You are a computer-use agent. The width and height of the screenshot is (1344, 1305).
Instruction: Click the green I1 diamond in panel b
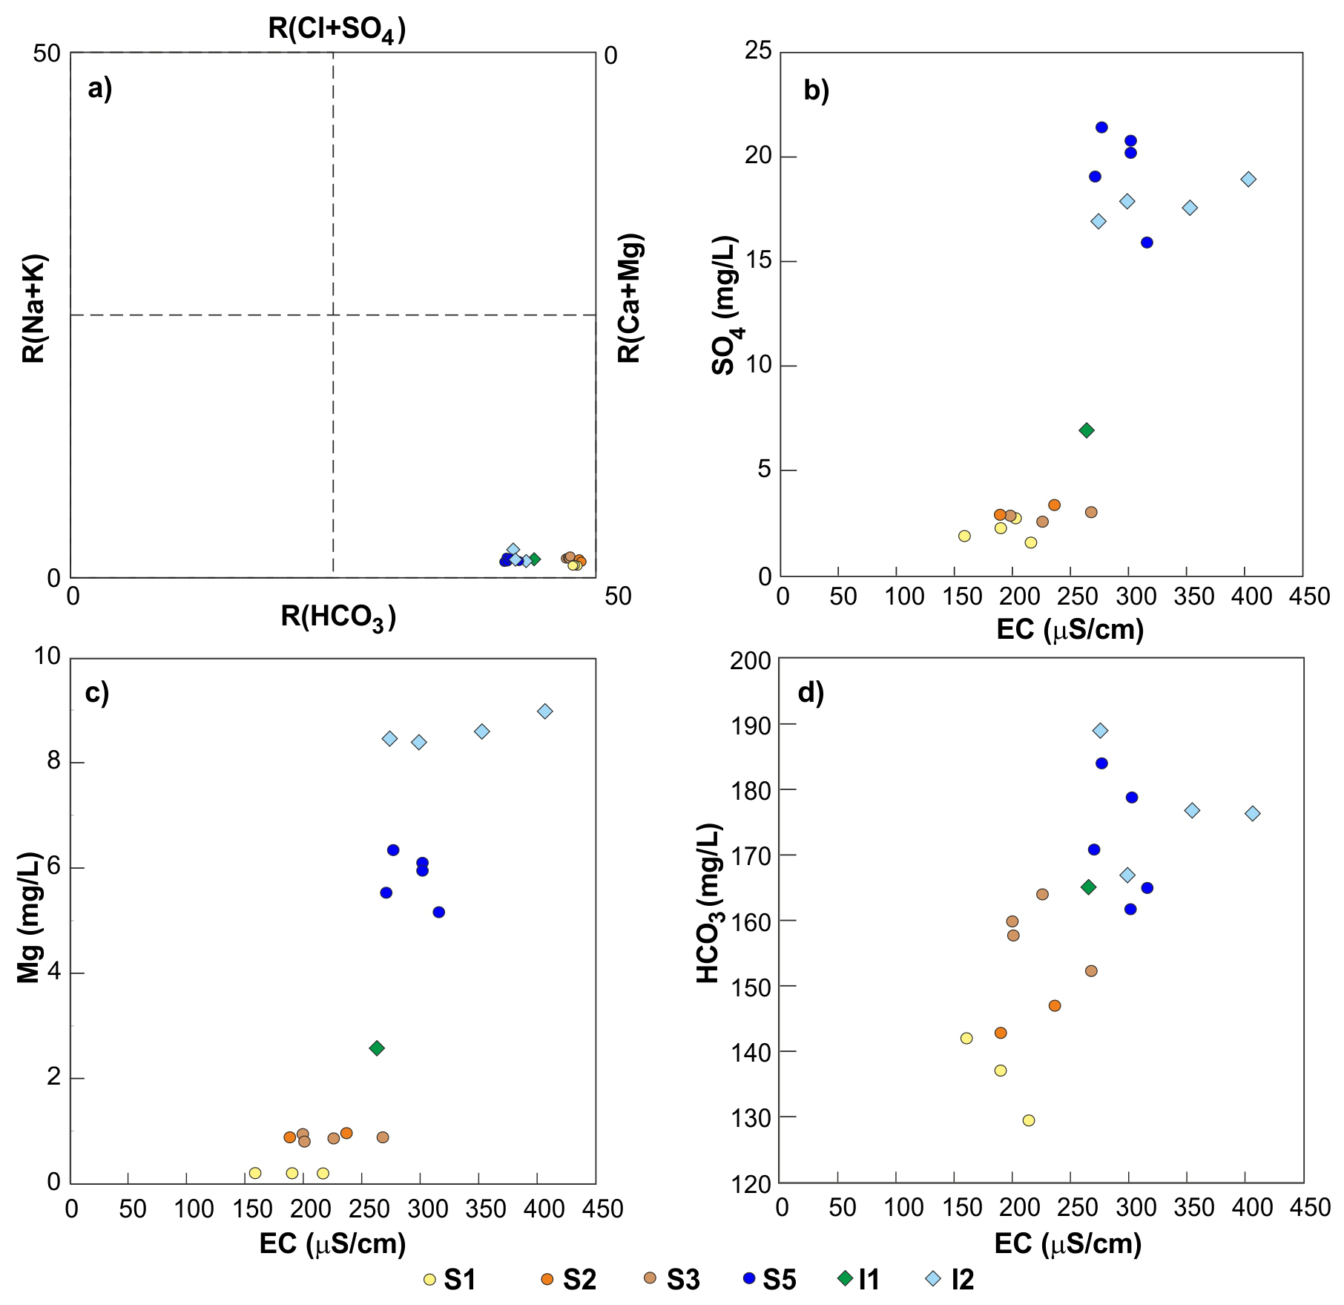(x=1087, y=430)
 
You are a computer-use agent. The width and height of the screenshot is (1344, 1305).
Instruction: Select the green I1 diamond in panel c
(x=377, y=1048)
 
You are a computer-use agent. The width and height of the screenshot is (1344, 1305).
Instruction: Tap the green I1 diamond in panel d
(x=1089, y=887)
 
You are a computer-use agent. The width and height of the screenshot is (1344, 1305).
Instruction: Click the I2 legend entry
(x=950, y=1279)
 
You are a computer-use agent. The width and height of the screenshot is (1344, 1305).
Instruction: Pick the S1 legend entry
(x=449, y=1279)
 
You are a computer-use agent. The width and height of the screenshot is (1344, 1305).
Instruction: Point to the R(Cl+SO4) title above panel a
(x=337, y=30)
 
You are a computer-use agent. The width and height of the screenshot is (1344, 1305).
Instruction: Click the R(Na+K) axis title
(x=34, y=309)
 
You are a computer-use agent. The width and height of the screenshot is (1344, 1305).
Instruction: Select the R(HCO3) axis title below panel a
(x=337, y=617)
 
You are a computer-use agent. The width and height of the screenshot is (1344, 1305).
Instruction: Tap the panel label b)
(x=817, y=90)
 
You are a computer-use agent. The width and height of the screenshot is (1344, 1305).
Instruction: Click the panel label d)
(x=811, y=693)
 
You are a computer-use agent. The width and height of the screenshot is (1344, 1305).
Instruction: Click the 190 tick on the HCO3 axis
(x=751, y=725)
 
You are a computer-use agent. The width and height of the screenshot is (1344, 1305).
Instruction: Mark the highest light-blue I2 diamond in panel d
(x=1100, y=731)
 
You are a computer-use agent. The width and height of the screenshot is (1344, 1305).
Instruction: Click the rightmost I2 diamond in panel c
(x=545, y=711)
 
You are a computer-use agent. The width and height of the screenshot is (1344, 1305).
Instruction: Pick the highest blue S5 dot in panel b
(x=1101, y=128)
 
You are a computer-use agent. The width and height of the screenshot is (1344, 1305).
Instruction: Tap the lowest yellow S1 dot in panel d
(x=1028, y=1120)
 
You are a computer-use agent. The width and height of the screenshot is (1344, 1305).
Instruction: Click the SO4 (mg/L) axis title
(x=725, y=306)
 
